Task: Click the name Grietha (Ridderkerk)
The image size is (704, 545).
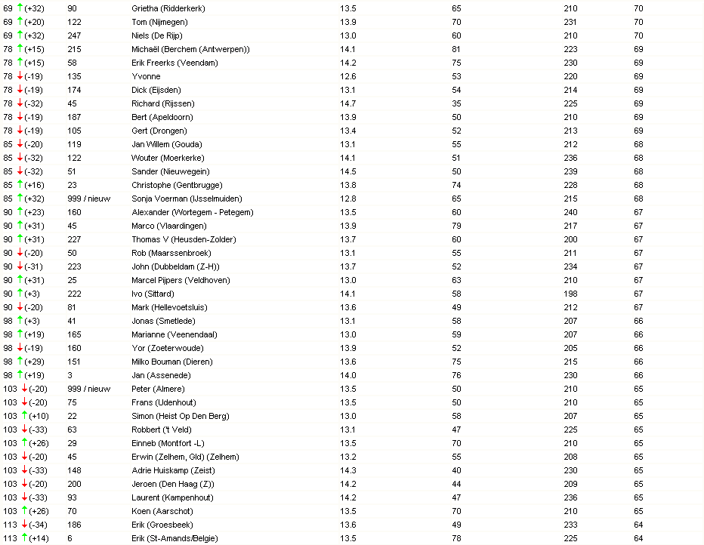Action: (168, 8)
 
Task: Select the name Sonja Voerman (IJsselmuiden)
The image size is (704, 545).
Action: (187, 199)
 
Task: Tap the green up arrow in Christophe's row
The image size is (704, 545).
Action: (20, 185)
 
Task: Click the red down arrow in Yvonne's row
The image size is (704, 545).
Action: (20, 76)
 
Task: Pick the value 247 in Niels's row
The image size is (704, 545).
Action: (74, 35)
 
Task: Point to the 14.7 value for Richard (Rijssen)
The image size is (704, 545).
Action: (348, 103)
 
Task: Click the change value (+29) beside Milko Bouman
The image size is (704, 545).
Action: (34, 362)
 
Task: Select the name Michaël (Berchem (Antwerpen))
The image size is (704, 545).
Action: (190, 49)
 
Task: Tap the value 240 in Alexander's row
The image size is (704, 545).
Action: (570, 212)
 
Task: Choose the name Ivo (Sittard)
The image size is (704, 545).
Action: (153, 294)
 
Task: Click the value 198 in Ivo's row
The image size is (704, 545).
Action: (570, 294)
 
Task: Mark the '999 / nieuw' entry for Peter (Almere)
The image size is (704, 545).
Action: (89, 389)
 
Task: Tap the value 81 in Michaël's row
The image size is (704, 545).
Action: (456, 49)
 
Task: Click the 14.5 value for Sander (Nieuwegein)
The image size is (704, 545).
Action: (348, 171)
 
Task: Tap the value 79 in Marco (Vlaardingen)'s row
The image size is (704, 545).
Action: (456, 226)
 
